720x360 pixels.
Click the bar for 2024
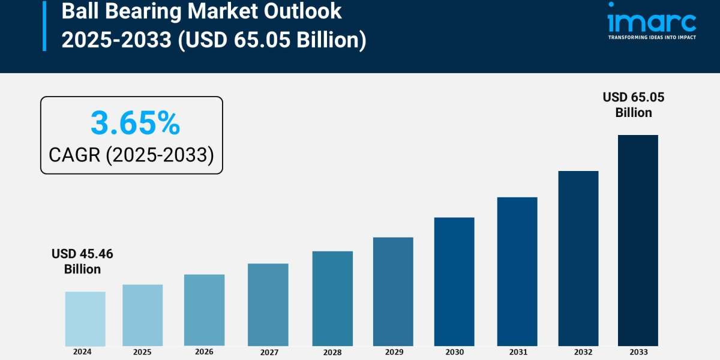point(85,319)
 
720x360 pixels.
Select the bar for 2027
point(268,305)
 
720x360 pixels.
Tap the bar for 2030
point(454,281)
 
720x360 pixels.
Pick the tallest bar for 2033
point(638,240)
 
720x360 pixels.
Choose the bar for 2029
point(393,292)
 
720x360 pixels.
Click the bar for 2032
point(578,258)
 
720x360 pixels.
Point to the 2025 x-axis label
point(142,352)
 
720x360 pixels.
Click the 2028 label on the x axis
point(332,352)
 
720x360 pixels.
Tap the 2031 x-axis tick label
point(517,352)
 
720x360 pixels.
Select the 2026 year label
point(204,352)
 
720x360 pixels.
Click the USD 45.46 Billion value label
point(82,262)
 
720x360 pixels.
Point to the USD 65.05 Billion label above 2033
point(634,105)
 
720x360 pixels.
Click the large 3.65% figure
point(135,124)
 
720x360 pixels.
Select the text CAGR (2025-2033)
point(131,155)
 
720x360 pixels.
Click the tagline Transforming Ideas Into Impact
point(652,37)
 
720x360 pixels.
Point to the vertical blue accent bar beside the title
point(44,25)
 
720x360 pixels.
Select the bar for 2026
point(204,310)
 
